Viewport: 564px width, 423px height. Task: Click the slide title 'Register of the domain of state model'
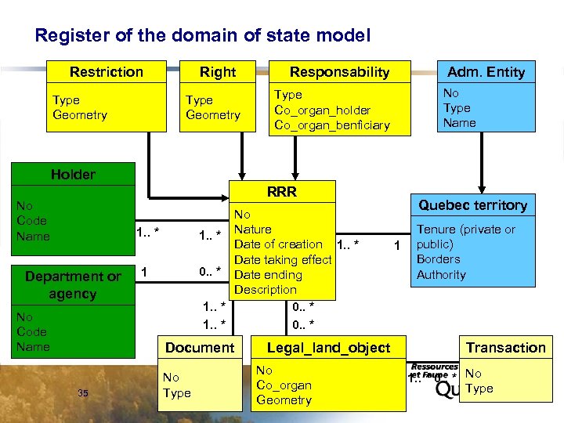click(203, 36)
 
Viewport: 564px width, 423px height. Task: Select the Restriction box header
click(107, 72)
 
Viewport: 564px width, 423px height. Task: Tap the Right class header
click(217, 72)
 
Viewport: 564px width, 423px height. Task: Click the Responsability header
click(339, 72)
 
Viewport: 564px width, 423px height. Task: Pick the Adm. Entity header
click(486, 72)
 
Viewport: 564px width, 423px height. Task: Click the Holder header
click(73, 175)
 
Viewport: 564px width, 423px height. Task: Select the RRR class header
click(281, 192)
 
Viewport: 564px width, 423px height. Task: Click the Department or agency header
click(73, 285)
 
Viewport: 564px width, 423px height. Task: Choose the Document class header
click(200, 347)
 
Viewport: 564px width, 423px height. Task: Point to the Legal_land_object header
click(328, 347)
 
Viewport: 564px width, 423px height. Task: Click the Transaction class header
click(505, 347)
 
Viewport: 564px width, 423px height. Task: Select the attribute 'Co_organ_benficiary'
click(331, 125)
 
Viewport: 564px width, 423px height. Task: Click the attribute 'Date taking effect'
click(283, 260)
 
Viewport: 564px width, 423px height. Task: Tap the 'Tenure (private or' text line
click(465, 230)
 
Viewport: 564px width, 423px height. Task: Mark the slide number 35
click(83, 393)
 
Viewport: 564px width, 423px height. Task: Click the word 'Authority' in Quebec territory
click(441, 275)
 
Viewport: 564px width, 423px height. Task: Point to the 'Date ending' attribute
click(268, 275)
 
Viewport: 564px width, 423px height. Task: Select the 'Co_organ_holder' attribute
click(322, 110)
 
